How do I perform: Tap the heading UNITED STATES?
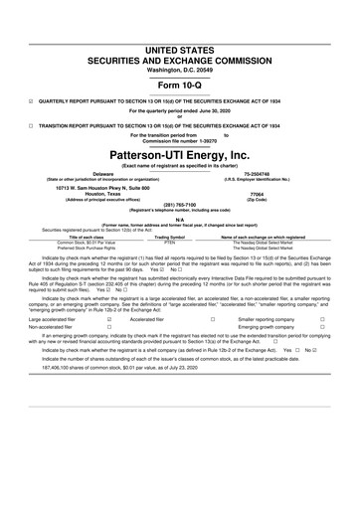[180, 22]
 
